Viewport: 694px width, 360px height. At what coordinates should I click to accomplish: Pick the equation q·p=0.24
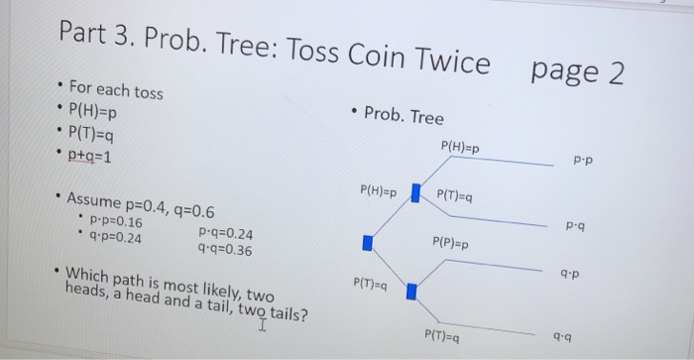[x=116, y=239]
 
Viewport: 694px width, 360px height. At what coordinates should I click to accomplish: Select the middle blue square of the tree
[x=367, y=241]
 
